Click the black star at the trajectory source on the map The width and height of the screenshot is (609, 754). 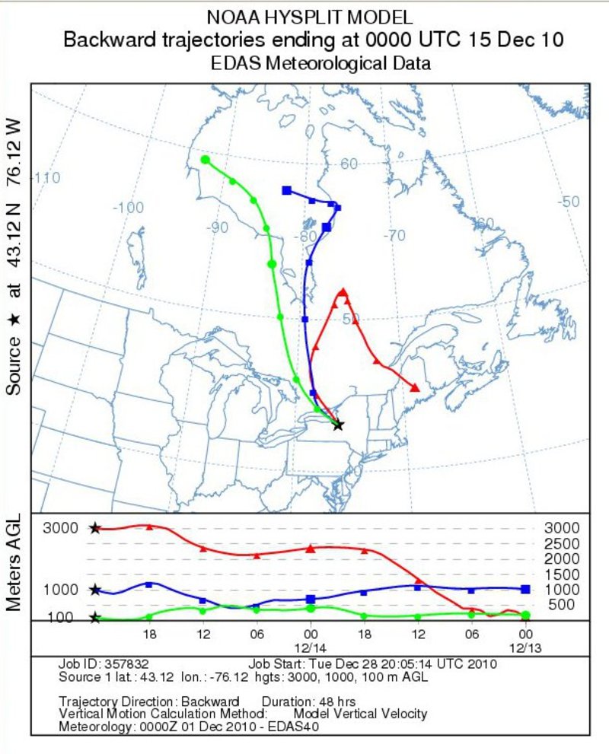point(338,425)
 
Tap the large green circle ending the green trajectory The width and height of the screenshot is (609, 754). point(205,160)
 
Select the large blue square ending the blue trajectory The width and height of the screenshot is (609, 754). point(286,190)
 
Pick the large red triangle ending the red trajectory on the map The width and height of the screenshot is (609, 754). point(415,388)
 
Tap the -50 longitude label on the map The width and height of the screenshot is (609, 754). point(569,202)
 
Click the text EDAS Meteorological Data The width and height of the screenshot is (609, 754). point(320,64)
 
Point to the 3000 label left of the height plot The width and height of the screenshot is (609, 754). point(60,528)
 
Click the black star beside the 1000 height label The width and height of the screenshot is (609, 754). point(94,590)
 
